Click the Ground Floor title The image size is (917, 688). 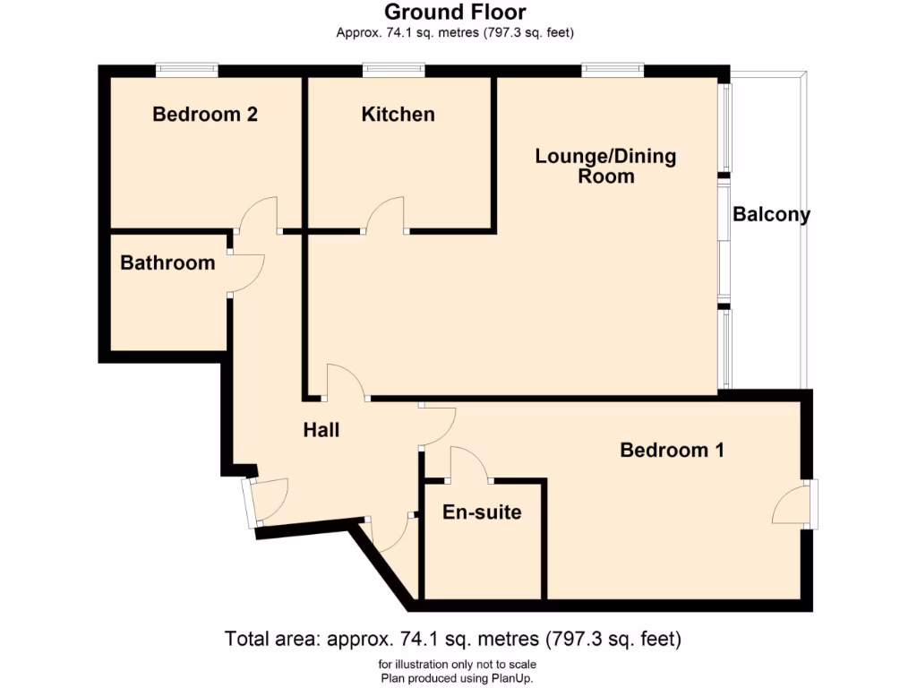click(x=455, y=12)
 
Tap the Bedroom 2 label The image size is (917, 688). click(x=205, y=115)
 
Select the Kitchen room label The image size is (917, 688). click(x=398, y=115)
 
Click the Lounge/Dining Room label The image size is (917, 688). click(x=605, y=166)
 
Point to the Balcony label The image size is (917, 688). click(x=771, y=215)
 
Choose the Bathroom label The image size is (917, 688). click(x=167, y=263)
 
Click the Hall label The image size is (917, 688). click(x=321, y=430)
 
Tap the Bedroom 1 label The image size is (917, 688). click(x=672, y=450)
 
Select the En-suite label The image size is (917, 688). click(x=482, y=513)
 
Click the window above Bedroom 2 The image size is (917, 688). click(x=186, y=67)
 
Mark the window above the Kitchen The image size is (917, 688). click(x=394, y=67)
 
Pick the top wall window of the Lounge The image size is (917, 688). click(x=613, y=67)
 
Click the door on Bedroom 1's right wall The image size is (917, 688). click(x=793, y=505)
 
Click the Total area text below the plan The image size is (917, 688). click(x=453, y=640)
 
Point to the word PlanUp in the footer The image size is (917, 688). click(x=513, y=677)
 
